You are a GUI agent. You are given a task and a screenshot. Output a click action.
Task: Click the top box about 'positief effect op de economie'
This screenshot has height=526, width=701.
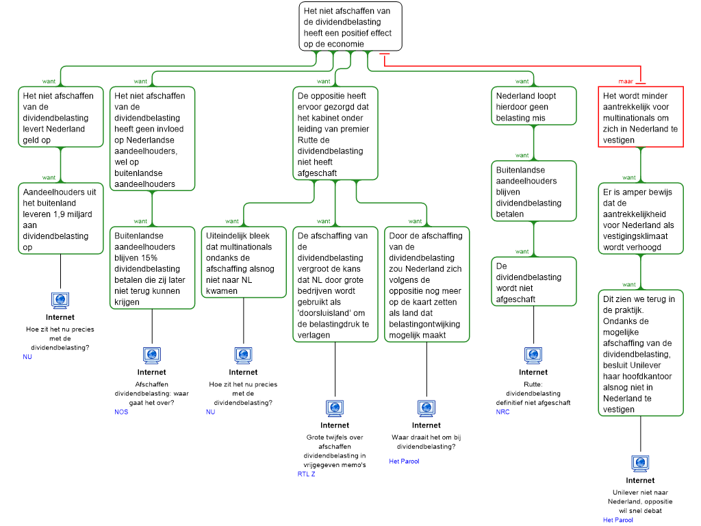(350, 26)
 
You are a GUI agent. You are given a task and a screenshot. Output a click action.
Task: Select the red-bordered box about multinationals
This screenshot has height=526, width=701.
(640, 117)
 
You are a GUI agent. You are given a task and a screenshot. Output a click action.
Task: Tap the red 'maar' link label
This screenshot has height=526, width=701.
(626, 82)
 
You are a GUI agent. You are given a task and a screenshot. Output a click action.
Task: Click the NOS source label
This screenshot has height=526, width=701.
(121, 412)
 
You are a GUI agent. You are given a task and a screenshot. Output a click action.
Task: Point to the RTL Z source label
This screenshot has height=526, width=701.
(306, 474)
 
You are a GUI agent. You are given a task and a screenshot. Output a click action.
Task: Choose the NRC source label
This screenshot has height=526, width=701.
(503, 412)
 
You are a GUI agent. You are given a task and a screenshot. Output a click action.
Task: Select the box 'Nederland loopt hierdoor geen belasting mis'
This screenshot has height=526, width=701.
(533, 107)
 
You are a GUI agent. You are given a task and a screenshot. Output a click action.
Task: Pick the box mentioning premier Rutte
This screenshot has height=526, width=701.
(335, 134)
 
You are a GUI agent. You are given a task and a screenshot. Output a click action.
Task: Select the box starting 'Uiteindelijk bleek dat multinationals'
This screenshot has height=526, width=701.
(243, 262)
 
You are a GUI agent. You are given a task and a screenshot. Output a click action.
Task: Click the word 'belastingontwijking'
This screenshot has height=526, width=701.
(424, 324)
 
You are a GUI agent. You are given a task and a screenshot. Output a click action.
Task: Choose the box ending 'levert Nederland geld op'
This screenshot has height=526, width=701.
(60, 117)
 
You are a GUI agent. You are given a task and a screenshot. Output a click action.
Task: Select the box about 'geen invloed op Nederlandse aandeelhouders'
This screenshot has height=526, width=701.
(152, 140)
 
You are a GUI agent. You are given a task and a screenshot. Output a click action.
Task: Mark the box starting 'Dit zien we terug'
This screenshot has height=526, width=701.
(640, 353)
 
